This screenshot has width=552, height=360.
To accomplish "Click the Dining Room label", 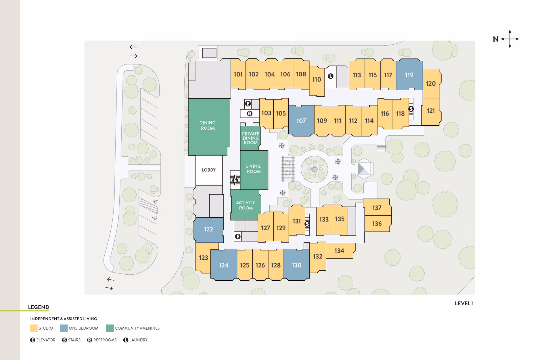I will (x=208, y=125).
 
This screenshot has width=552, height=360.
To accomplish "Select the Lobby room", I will (x=208, y=170).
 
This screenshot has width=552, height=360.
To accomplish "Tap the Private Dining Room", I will (x=250, y=138).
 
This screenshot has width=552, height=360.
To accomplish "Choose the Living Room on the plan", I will (x=254, y=169).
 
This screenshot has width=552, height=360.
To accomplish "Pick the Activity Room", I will (x=246, y=205).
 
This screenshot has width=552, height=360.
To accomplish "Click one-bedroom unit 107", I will (x=301, y=121).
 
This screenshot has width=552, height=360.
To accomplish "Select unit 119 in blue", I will (x=409, y=75).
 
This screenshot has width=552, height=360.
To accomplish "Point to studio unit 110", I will (x=317, y=80).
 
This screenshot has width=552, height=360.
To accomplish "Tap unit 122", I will (x=208, y=229).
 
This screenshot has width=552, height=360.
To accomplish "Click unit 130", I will (x=296, y=265).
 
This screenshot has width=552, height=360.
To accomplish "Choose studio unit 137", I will (x=377, y=208).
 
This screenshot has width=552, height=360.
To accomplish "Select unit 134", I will (x=339, y=251).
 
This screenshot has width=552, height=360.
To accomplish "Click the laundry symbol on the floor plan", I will (x=331, y=76).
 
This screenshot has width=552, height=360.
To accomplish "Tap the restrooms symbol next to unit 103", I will (x=250, y=114).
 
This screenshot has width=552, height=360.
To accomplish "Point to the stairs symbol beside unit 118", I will (x=411, y=109).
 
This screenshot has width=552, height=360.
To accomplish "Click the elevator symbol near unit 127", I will (x=238, y=237).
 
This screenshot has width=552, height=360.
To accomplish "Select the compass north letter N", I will (x=496, y=39).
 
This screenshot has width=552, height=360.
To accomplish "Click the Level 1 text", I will (x=464, y=303).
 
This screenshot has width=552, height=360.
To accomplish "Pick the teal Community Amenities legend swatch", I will (x=110, y=328).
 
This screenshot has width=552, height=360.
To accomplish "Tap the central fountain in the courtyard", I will (x=314, y=169).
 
